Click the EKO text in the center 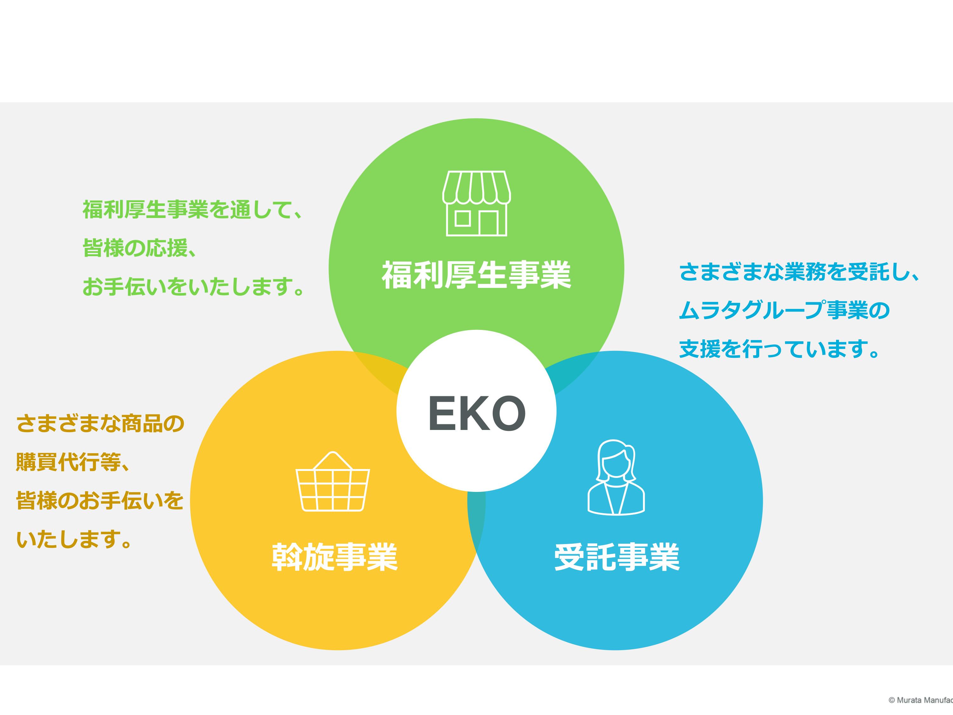click(x=476, y=412)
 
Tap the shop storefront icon click(x=476, y=203)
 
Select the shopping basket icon click(x=333, y=481)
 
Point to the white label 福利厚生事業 click(x=476, y=275)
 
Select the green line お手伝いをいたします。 click(x=193, y=287)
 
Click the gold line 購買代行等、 click(x=73, y=462)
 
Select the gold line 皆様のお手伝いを click(x=100, y=501)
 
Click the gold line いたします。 click(x=74, y=540)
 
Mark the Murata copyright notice click(x=921, y=700)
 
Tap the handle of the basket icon click(x=333, y=460)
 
